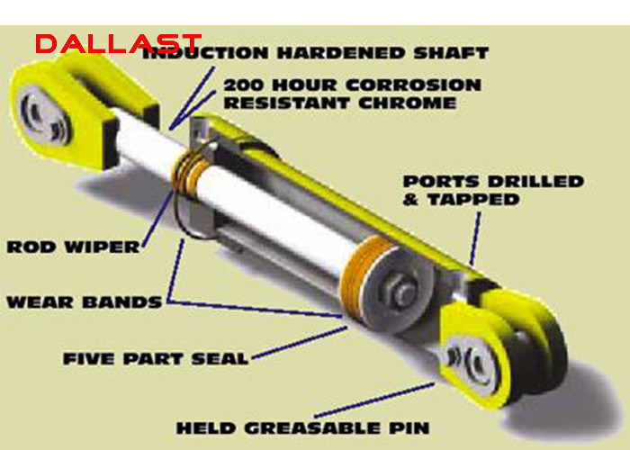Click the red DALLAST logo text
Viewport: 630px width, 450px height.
118,44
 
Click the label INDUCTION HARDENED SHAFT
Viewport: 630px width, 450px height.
315,53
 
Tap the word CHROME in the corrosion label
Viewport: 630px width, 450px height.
408,103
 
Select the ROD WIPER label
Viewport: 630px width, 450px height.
73,247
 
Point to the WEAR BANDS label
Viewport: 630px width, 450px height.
85,302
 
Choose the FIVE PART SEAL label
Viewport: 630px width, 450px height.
156,359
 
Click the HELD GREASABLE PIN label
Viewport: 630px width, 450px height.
303,427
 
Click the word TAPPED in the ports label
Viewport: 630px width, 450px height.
472,200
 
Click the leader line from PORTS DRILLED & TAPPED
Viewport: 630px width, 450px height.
475,238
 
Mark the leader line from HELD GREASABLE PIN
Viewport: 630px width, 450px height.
374,400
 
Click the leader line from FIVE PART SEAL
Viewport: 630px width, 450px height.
300,342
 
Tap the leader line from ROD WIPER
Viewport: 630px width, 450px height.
158,218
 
